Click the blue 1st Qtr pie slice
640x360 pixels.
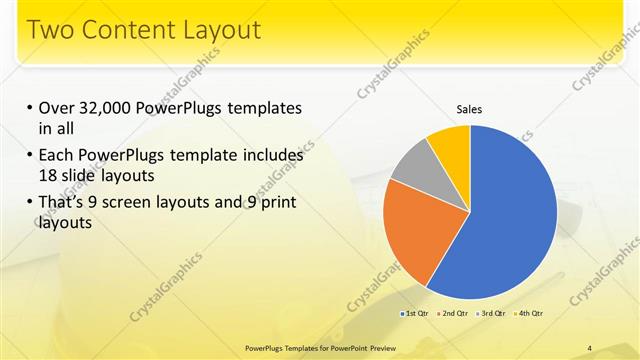[510, 220]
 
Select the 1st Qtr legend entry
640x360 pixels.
[415, 314]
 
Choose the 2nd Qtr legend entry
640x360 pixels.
[454, 314]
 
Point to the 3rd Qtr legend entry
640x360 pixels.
[491, 314]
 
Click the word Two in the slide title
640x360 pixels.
[53, 29]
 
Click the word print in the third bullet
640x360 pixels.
[276, 203]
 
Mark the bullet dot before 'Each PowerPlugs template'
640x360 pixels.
[30, 156]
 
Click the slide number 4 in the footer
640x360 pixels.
[590, 347]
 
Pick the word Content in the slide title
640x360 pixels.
[127, 29]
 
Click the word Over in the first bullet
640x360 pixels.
[57, 108]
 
